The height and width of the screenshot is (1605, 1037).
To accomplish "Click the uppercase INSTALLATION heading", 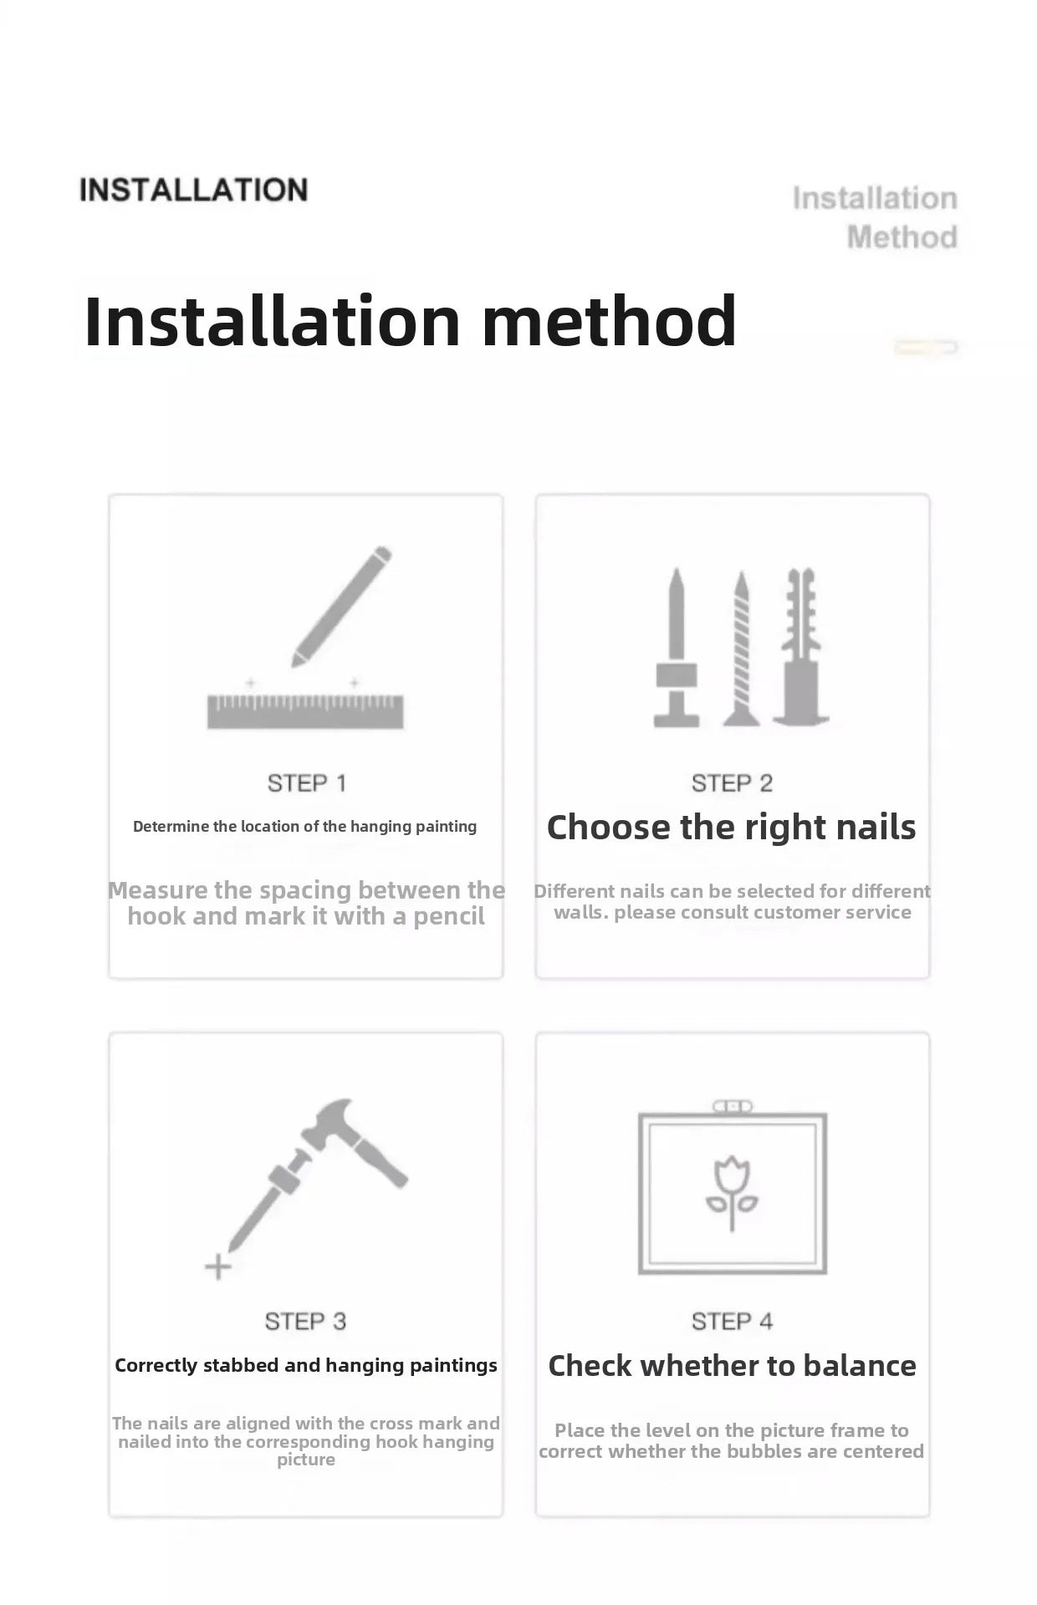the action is (x=193, y=190).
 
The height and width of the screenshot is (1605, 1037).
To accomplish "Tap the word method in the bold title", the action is (x=610, y=321).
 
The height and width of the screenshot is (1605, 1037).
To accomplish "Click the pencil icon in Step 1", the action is (x=341, y=606).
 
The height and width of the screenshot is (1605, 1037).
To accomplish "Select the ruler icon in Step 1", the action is (x=305, y=711).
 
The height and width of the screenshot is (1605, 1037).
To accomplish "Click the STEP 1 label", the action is (x=306, y=783).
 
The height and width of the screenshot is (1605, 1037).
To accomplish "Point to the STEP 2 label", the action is (x=732, y=783).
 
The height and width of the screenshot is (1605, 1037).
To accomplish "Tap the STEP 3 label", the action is (x=305, y=1322).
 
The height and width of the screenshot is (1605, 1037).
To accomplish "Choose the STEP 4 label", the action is (x=732, y=1322).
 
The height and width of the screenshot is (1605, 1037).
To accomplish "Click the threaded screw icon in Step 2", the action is (x=741, y=648).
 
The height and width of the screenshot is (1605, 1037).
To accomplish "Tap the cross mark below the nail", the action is (x=217, y=1267).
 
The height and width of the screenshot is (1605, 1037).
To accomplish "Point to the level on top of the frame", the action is (x=733, y=1107).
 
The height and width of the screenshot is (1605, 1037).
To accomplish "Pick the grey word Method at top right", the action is (x=902, y=237).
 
